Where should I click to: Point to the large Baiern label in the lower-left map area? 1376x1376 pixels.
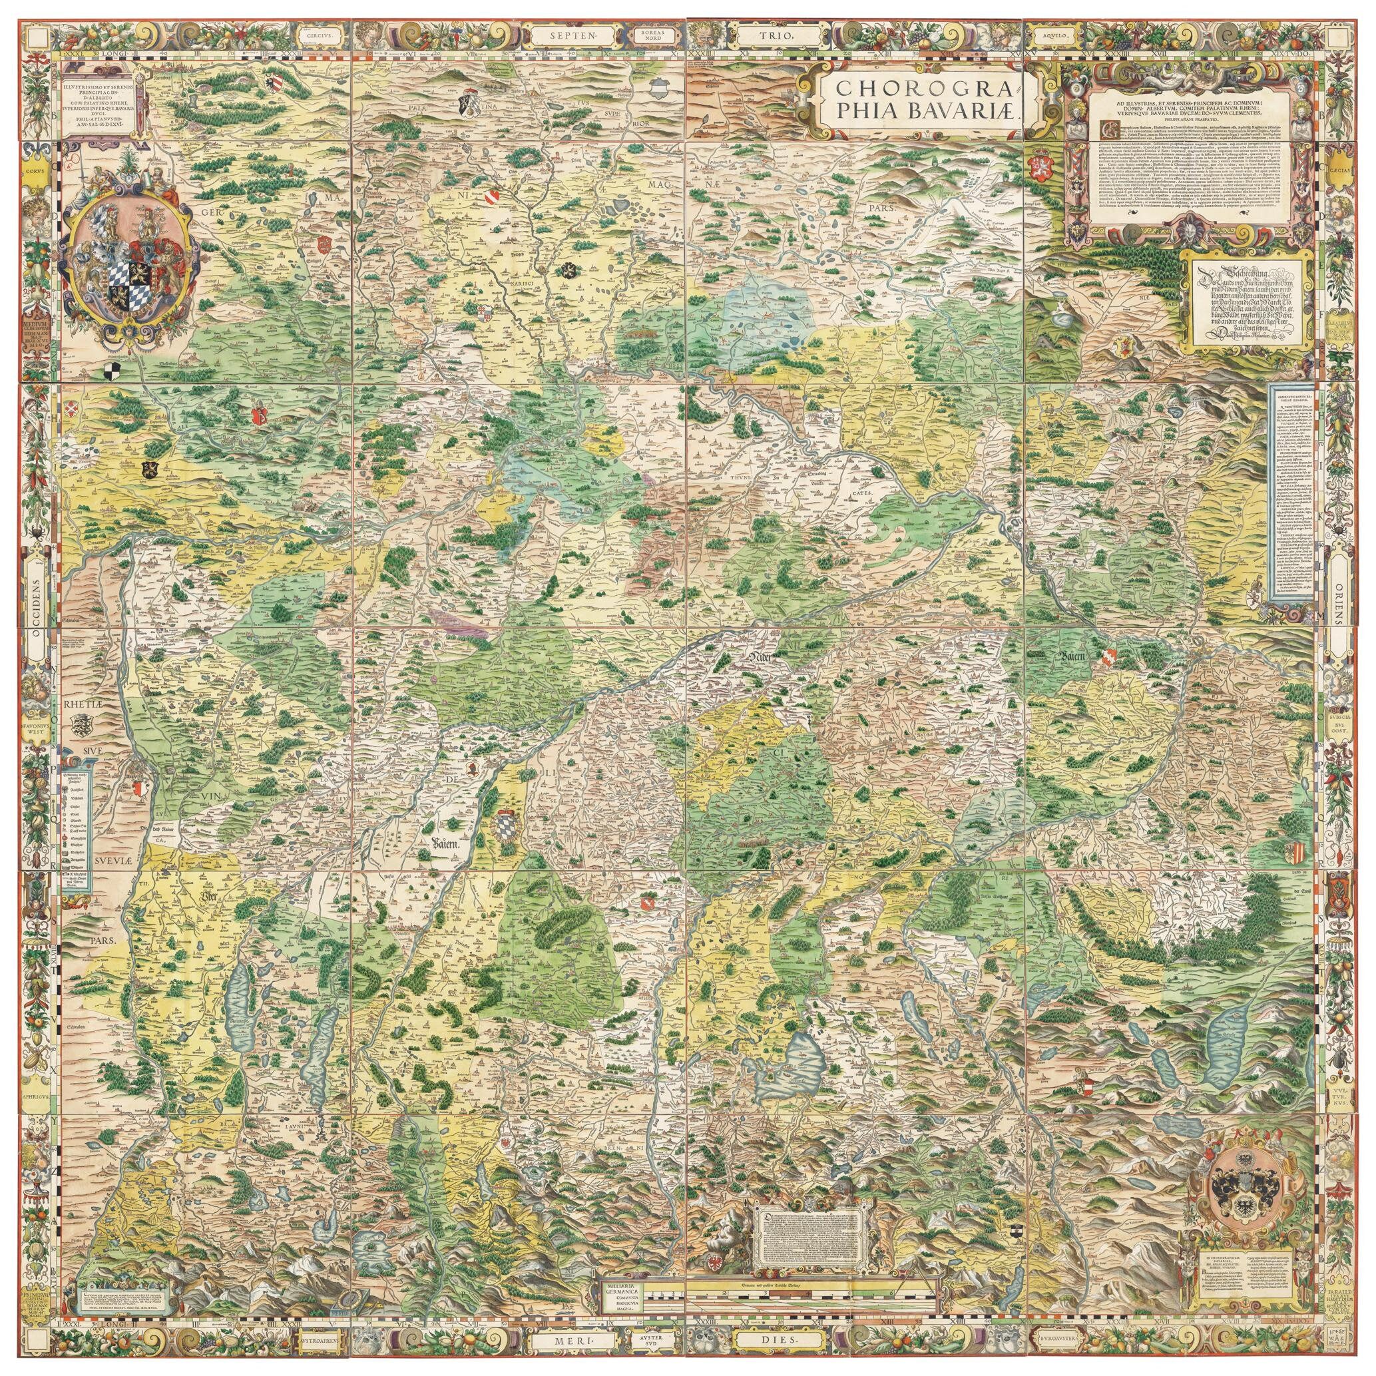[447, 844]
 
